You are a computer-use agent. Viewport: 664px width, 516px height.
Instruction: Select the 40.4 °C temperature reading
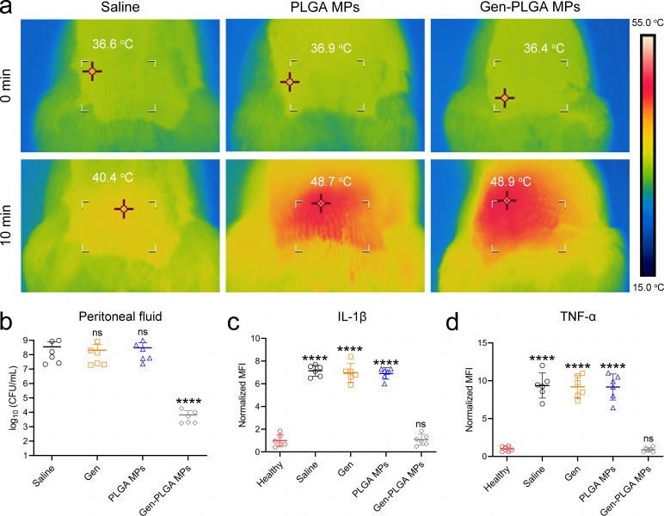tap(113, 177)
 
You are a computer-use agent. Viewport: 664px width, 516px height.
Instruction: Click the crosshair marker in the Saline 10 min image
tap(124, 208)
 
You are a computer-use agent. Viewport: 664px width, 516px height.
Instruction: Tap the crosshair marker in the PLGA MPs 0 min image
tap(290, 82)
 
